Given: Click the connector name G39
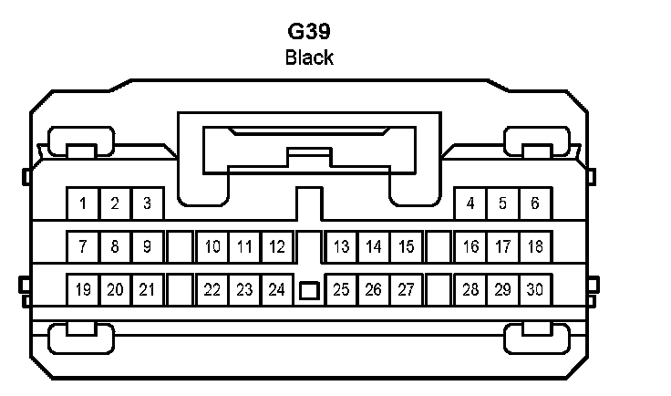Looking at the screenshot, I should coord(309,31).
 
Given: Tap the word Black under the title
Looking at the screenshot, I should coord(309,58).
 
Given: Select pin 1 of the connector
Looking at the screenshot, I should coord(83,203).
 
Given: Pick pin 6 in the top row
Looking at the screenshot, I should coord(535,203).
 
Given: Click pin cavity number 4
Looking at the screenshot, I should coord(470,203).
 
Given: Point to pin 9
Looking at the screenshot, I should coord(147,246).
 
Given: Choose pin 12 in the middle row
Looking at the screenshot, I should coord(277,246).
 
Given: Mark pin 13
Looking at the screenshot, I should coord(342,246).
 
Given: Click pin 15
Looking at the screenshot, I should coord(407,246).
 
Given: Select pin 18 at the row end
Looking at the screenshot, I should coord(535,246).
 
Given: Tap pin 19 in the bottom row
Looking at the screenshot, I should coord(83,290).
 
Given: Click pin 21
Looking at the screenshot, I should coord(147,290).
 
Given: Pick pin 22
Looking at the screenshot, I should coord(212,290).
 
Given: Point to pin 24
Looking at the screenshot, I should coord(277,290).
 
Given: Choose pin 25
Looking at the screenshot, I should coord(342,290).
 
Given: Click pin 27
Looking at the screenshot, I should coord(407,290).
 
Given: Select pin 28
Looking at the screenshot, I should coord(470,290).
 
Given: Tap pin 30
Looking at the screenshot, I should coord(535,290).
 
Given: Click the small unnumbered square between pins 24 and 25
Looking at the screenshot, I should coord(309,291).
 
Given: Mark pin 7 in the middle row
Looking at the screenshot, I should coord(83,246).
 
